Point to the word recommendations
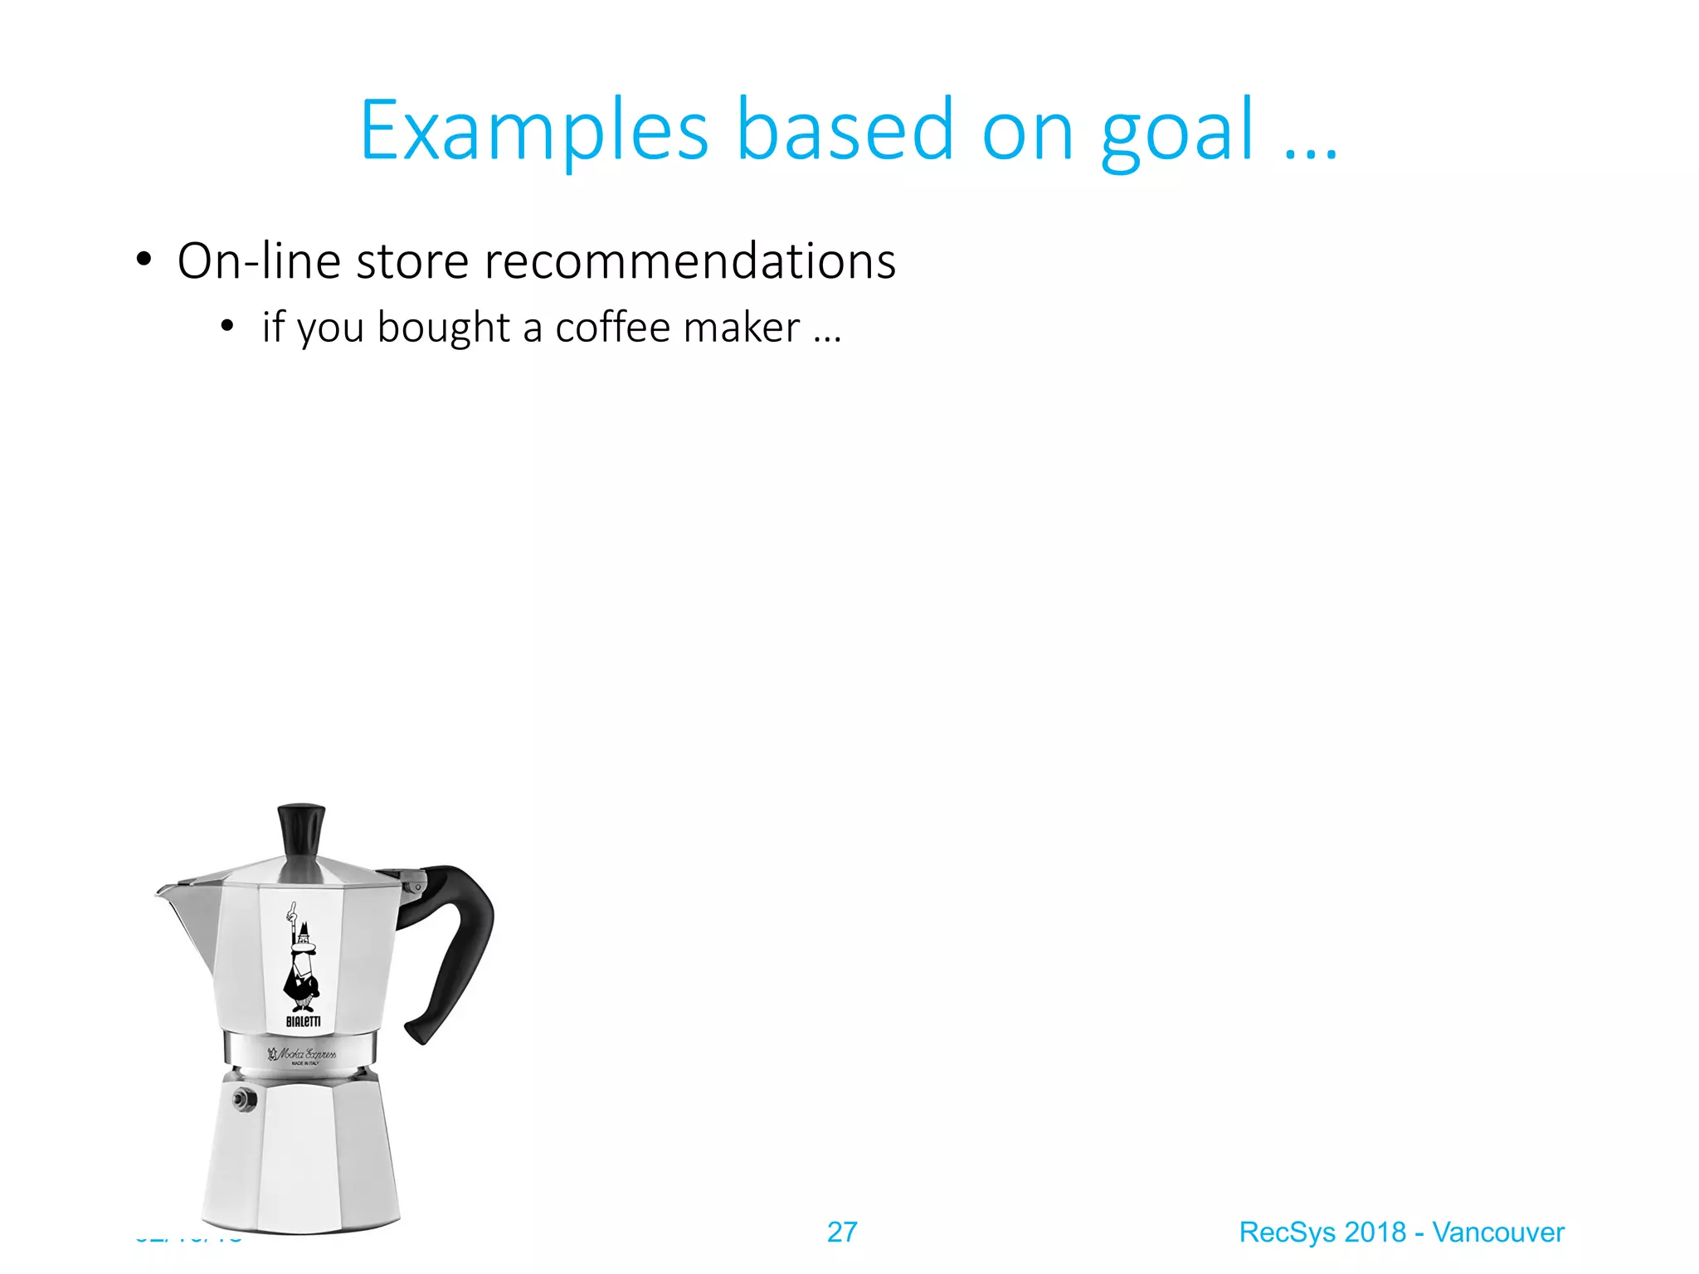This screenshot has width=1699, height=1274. click(689, 261)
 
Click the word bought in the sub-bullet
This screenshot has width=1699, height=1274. click(443, 327)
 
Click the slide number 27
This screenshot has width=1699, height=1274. click(842, 1232)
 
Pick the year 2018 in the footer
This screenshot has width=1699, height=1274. click(1375, 1232)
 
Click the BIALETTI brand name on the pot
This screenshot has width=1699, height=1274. click(303, 1021)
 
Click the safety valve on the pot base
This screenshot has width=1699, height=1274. click(244, 1099)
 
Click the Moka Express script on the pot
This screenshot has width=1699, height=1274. click(304, 1054)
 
